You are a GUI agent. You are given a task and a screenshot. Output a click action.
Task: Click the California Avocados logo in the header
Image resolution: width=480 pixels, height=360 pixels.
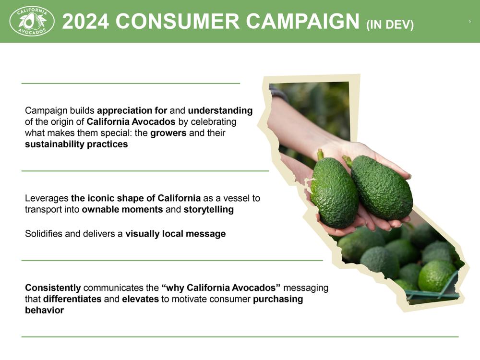[32, 21]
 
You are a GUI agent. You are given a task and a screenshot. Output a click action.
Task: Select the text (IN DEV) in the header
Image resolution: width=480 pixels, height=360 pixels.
[390, 24]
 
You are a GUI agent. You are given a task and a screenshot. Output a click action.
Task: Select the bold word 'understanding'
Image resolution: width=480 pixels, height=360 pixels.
[220, 110]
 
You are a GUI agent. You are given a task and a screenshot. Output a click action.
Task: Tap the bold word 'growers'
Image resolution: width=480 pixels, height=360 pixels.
[168, 133]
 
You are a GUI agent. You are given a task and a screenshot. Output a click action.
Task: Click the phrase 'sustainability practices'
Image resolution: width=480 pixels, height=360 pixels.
[76, 144]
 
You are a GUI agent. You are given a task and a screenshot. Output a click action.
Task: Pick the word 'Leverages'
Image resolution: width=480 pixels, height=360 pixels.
[47, 198]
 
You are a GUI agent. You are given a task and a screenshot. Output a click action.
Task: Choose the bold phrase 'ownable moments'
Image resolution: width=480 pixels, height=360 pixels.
[122, 209]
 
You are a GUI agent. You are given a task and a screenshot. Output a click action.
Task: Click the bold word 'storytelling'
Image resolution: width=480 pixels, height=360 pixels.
[208, 209]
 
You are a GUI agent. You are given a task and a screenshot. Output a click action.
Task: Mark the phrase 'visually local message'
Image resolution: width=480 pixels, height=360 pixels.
[175, 234]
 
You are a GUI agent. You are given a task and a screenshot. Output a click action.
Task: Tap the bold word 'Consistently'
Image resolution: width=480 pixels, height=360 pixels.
[53, 288]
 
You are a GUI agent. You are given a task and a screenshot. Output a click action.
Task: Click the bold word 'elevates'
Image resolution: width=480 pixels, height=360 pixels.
[140, 299]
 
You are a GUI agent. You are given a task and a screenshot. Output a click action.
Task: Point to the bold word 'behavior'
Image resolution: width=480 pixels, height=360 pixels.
[44, 310]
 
